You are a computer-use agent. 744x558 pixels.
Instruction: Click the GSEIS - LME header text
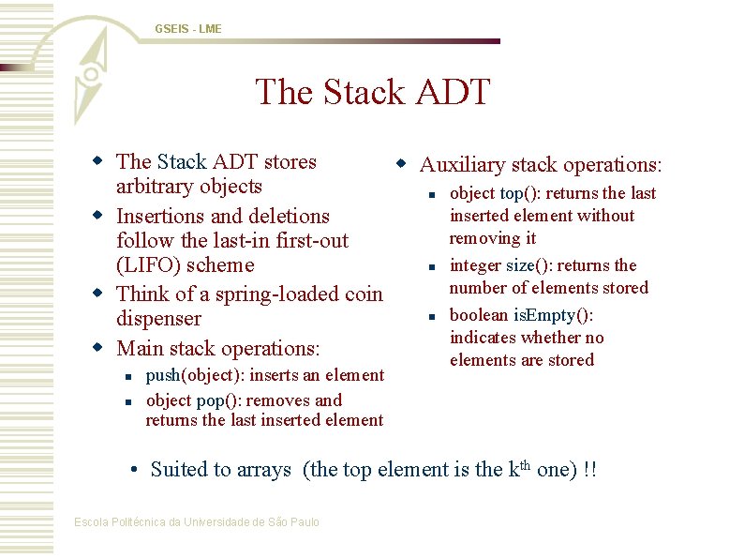pos(188,29)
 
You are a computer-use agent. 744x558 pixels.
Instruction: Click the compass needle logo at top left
pos(90,73)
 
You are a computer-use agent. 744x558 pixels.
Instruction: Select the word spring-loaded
pos(279,294)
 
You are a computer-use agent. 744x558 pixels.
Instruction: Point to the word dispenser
pos(158,319)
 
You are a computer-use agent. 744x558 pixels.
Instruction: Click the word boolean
pos(480,315)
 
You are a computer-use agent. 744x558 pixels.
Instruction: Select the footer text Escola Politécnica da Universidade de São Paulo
pos(197,521)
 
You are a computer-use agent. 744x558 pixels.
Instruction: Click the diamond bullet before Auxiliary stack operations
pos(400,164)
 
